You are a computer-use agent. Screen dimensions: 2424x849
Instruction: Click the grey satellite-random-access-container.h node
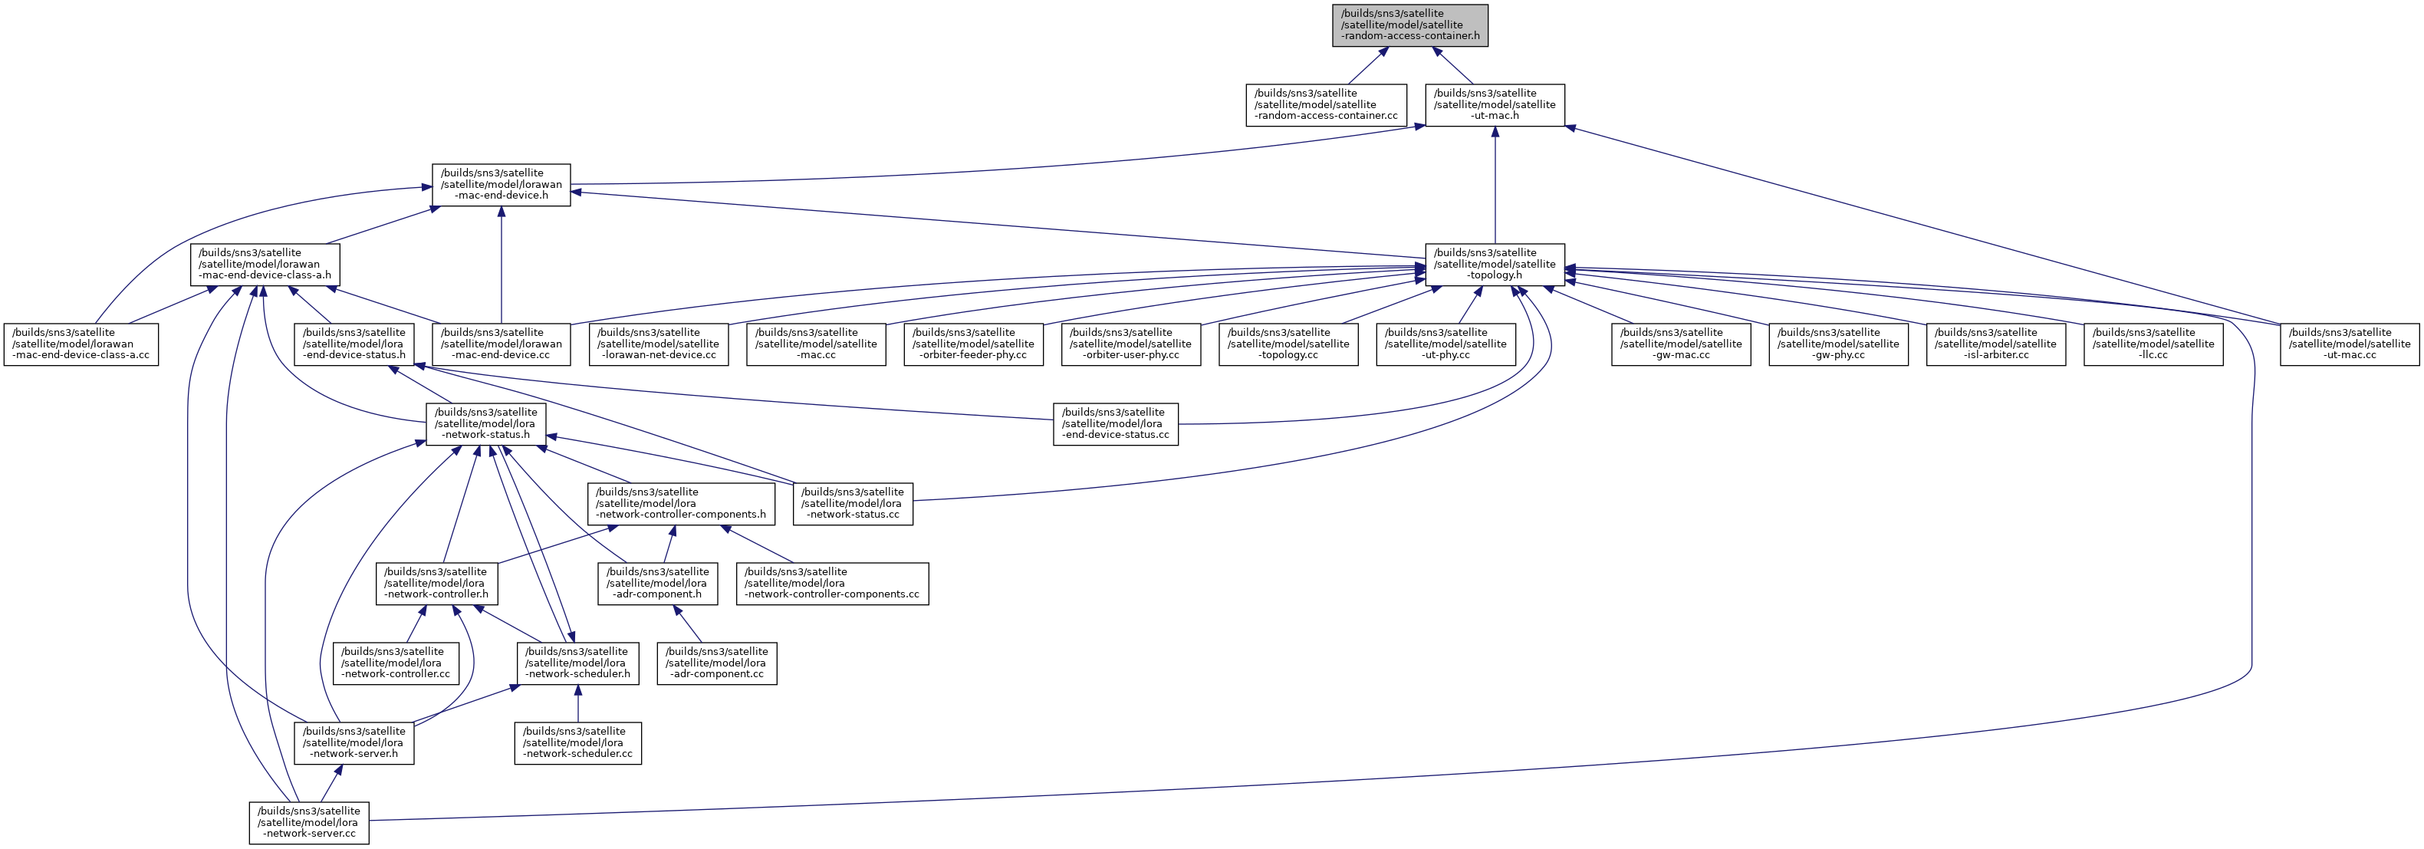[x=1409, y=25]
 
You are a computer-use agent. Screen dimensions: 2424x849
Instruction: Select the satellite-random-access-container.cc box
[x=1326, y=105]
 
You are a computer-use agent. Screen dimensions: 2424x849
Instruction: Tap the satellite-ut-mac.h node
[x=1495, y=105]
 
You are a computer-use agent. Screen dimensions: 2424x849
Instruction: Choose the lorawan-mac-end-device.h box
[x=501, y=186]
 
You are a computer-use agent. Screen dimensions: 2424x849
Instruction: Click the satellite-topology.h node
[x=1495, y=265]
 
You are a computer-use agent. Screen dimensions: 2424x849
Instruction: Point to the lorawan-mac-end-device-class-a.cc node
[x=81, y=344]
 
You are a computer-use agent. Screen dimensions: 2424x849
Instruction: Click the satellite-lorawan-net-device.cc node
[x=659, y=344]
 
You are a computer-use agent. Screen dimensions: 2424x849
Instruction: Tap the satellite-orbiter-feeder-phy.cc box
[x=973, y=344]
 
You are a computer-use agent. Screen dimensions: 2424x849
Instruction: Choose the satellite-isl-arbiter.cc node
[x=1996, y=344]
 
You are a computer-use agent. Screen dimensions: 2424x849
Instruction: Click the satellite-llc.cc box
[x=2153, y=344]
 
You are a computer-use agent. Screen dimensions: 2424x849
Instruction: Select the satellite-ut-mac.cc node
[x=2350, y=344]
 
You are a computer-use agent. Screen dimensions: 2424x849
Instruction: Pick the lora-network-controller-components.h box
[x=681, y=505]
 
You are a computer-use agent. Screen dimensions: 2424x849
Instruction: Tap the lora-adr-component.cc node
[x=716, y=663]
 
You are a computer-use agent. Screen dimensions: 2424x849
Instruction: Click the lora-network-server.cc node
[x=308, y=824]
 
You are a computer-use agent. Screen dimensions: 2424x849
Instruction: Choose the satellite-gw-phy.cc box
[x=1839, y=344]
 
